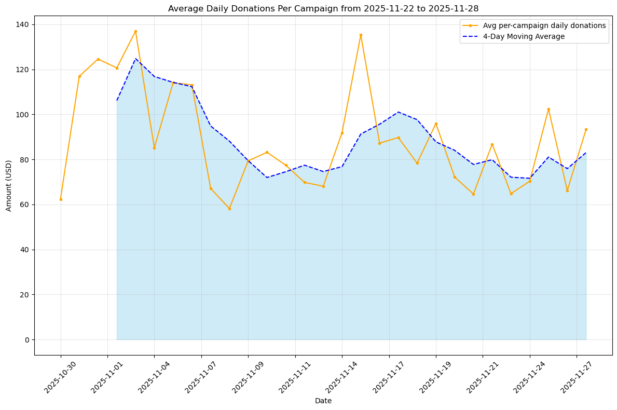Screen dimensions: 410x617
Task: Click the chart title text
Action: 323,8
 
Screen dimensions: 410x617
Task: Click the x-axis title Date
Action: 323,401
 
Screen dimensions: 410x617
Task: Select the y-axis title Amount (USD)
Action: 9,185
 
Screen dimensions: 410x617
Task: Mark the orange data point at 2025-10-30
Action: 61,199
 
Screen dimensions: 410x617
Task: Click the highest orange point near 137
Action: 135,31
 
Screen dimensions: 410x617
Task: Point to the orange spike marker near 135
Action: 361,35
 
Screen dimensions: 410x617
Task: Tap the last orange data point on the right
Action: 586,129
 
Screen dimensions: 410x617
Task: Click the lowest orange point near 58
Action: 229,209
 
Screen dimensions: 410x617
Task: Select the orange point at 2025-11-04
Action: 154,148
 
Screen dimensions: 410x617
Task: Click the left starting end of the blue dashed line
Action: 117,100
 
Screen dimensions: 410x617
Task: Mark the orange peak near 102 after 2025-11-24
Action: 549,109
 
